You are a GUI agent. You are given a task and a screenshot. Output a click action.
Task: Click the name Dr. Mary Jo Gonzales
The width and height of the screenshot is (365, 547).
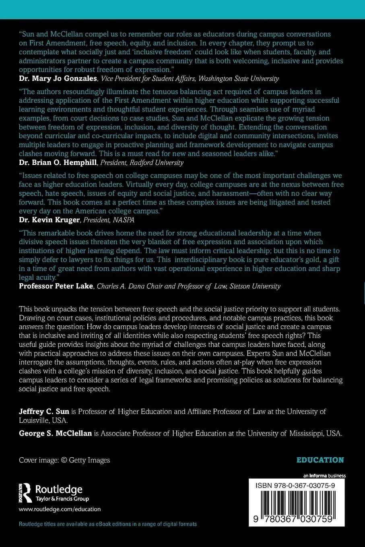(x=58, y=78)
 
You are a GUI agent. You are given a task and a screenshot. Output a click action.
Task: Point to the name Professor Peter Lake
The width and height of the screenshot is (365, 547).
(x=56, y=286)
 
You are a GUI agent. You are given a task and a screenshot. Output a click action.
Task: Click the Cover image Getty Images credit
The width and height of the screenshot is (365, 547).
(x=64, y=460)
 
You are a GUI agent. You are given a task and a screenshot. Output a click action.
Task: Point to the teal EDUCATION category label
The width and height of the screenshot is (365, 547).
(x=320, y=460)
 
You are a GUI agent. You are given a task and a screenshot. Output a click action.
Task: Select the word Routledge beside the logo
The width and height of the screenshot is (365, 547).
(x=59, y=489)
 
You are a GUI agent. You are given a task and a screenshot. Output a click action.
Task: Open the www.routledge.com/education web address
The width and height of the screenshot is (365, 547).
(x=60, y=509)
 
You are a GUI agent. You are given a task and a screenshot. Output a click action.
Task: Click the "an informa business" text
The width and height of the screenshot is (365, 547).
(x=321, y=475)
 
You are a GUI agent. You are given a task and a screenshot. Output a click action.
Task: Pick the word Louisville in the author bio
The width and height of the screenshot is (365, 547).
(x=35, y=420)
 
